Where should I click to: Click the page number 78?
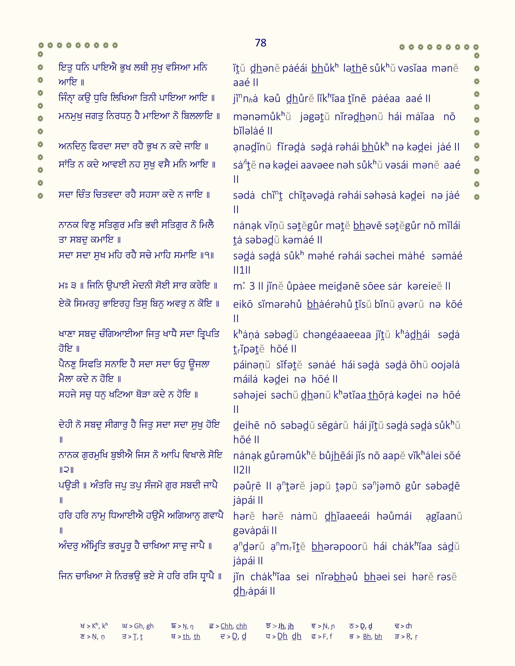[261, 43]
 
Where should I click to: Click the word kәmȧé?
[298, 240]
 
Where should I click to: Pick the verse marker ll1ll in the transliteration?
[242, 270]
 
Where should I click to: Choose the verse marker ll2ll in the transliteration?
[242, 470]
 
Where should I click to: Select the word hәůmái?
[394, 516]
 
